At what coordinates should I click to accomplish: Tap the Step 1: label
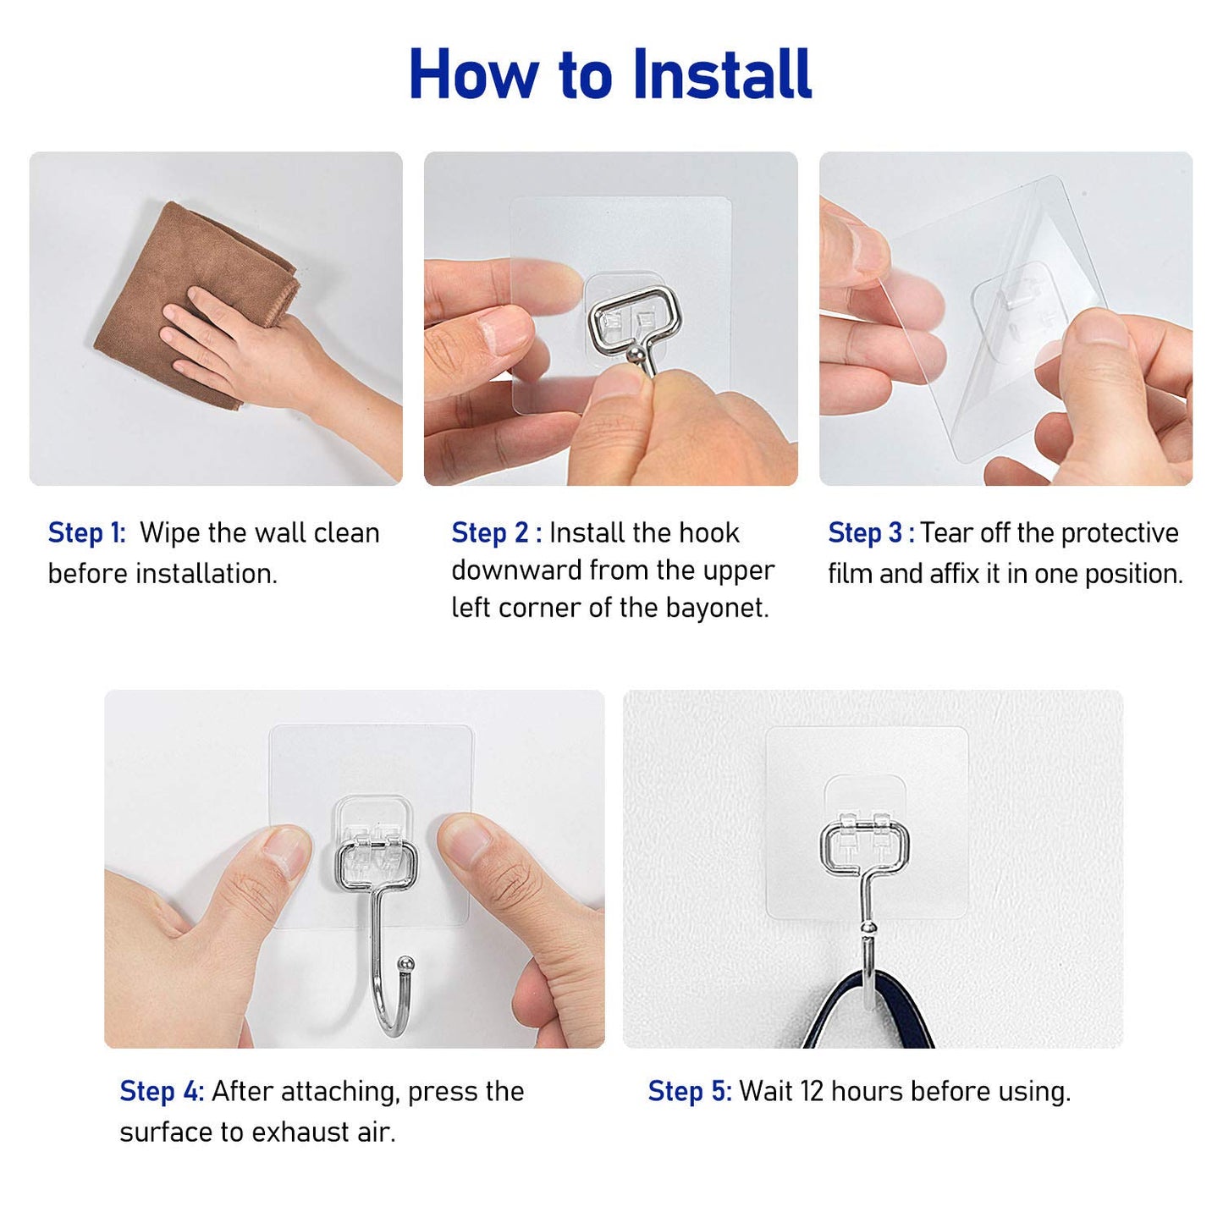pos(86,533)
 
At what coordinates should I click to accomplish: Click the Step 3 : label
pos(870,533)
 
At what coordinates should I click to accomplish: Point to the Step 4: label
pos(161,1092)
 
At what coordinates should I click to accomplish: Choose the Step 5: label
pos(689,1092)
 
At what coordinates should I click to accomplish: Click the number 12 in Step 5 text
pos(811,1092)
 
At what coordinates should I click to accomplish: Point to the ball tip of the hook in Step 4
pos(407,964)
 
